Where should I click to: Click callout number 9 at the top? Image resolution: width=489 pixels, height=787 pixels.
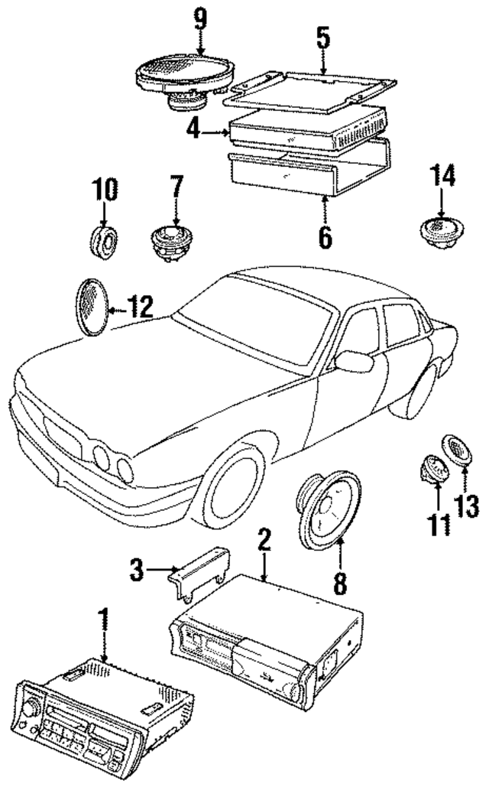pyautogui.click(x=200, y=18)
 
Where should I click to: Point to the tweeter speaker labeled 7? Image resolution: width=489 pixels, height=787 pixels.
pyautogui.click(x=172, y=240)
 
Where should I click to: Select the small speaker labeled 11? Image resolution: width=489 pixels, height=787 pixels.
pyautogui.click(x=432, y=467)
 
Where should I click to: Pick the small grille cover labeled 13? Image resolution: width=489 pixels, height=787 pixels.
pyautogui.click(x=457, y=450)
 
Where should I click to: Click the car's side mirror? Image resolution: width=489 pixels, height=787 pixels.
pyautogui.click(x=354, y=361)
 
